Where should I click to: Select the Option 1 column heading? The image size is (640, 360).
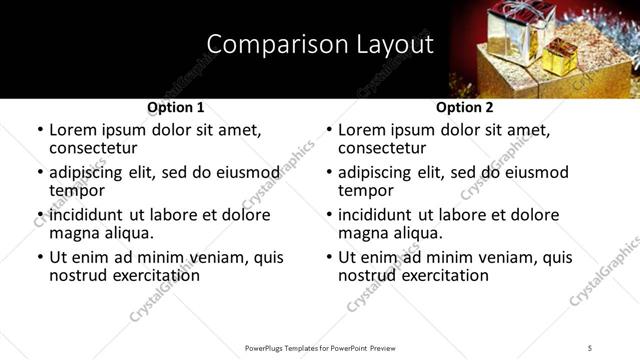click(176, 107)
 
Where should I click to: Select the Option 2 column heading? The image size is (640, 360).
click(465, 107)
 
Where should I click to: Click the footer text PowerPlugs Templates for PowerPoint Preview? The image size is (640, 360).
click(320, 347)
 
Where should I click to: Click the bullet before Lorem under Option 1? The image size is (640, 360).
click(39, 130)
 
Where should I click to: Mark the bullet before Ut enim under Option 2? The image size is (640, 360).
click(328, 257)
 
